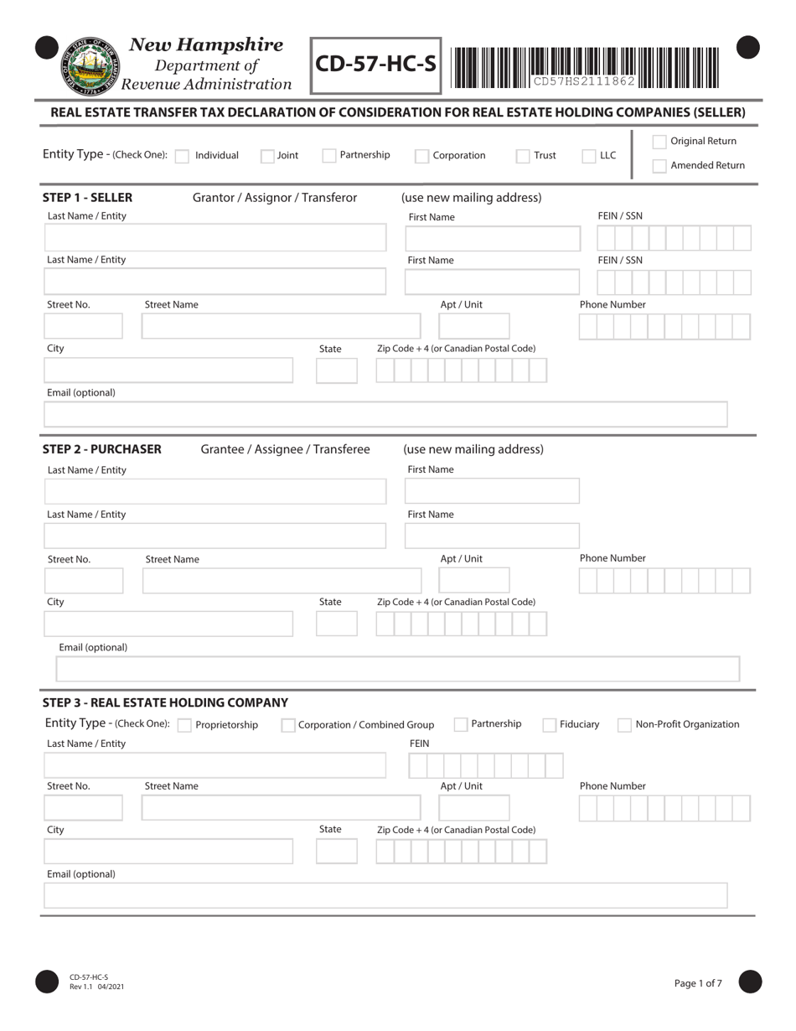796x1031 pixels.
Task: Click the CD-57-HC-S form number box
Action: pos(376,65)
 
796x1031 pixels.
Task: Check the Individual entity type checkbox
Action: pos(182,156)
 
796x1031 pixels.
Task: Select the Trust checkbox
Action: pos(522,156)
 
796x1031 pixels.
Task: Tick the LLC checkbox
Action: pos(589,156)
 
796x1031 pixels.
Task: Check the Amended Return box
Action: pos(659,166)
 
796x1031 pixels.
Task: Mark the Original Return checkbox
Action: pos(659,142)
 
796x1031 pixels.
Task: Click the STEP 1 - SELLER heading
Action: pos(87,198)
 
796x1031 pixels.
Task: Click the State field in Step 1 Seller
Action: pos(337,370)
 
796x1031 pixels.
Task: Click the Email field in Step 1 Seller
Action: pos(385,414)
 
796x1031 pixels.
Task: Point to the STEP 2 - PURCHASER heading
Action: pos(102,449)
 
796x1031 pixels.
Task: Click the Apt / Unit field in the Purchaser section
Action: pos(473,580)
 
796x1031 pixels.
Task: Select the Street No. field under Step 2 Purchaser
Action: pos(83,580)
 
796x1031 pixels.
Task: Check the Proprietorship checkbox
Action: pos(184,725)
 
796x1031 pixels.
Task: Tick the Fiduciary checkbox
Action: pos(550,725)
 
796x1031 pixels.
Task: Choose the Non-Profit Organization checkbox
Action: pos(624,725)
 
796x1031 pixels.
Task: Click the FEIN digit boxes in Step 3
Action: pos(485,765)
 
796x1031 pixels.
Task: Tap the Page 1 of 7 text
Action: pos(698,983)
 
